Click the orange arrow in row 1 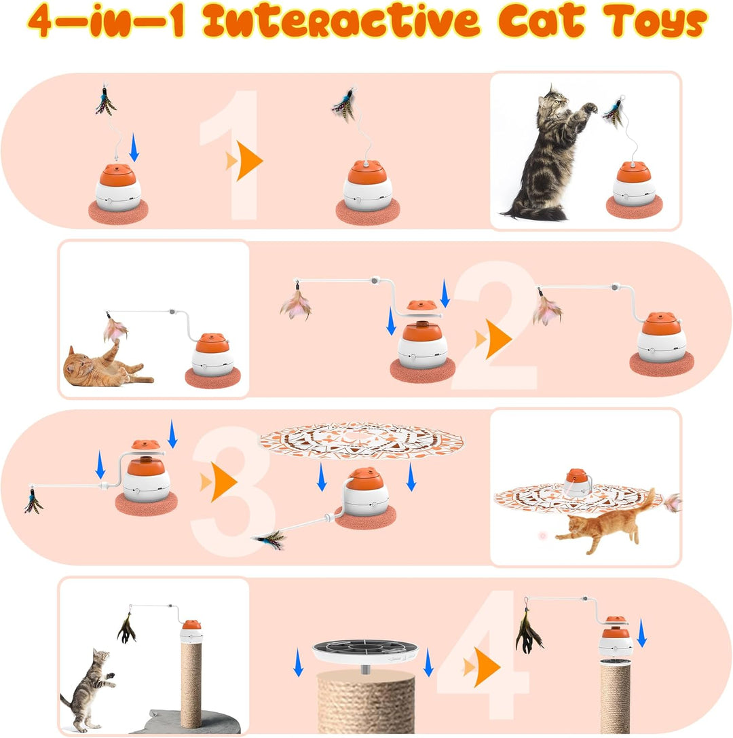pos(247,162)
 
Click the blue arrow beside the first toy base pos(134,147)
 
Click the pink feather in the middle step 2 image pos(296,305)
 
